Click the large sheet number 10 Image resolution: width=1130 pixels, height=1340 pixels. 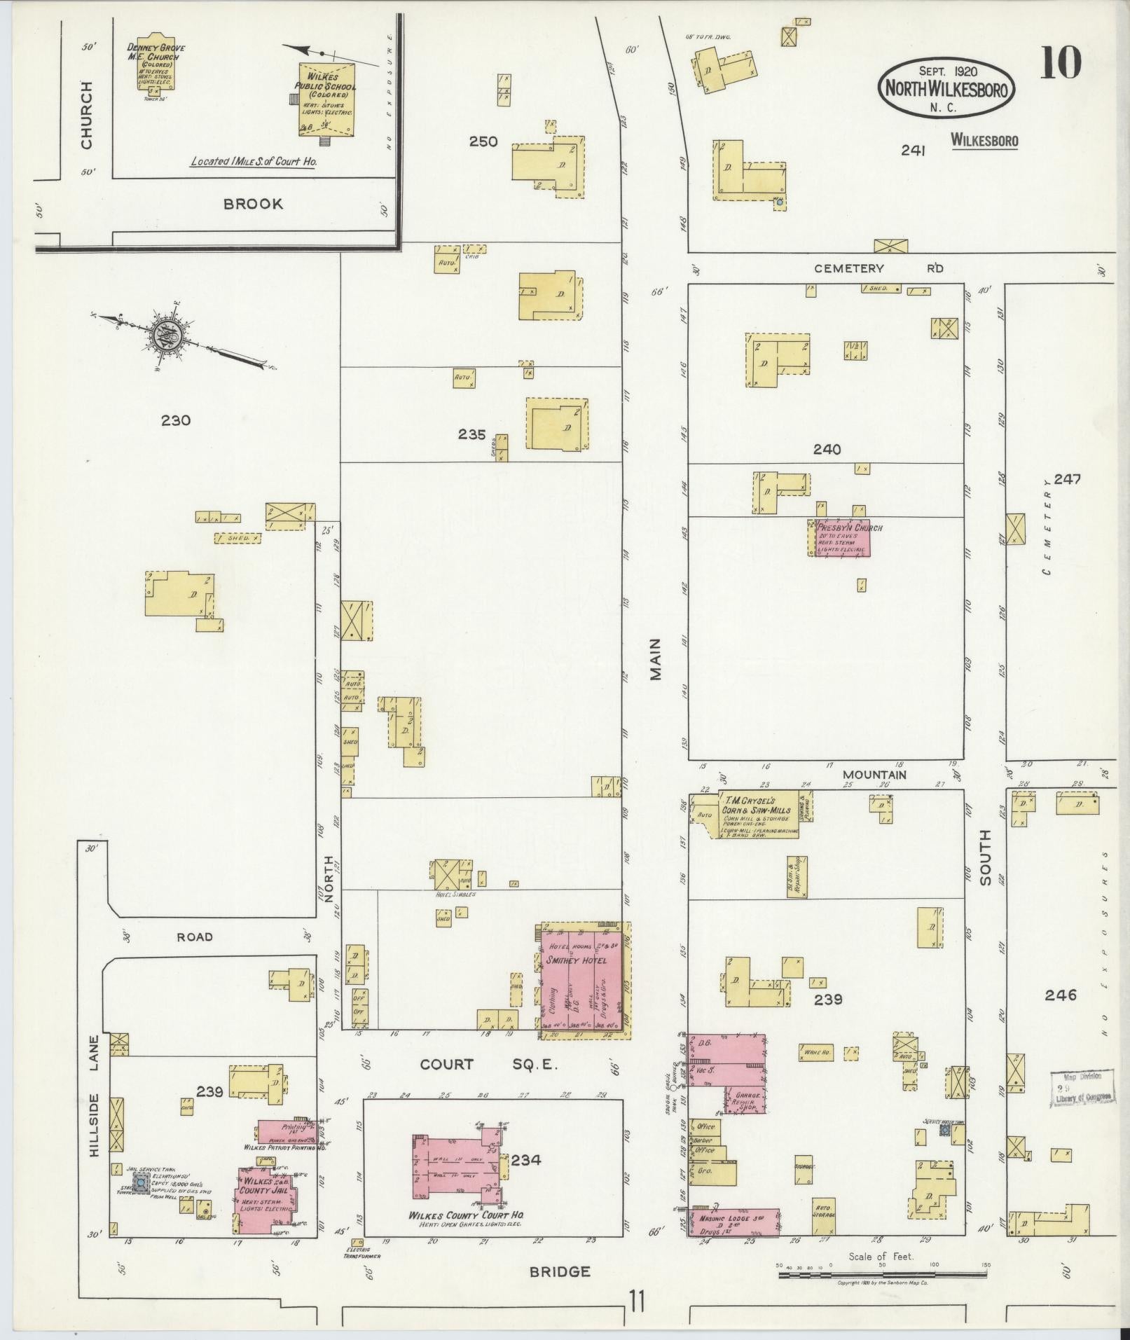click(x=1060, y=62)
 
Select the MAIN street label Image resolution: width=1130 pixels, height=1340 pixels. click(x=655, y=663)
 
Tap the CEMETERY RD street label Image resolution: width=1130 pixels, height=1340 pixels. click(x=878, y=268)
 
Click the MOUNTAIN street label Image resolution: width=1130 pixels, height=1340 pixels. click(x=874, y=775)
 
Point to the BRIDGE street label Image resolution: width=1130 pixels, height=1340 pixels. click(x=559, y=1271)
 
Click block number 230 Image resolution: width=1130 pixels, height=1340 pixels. click(x=175, y=420)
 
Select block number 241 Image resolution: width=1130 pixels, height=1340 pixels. click(x=914, y=150)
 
